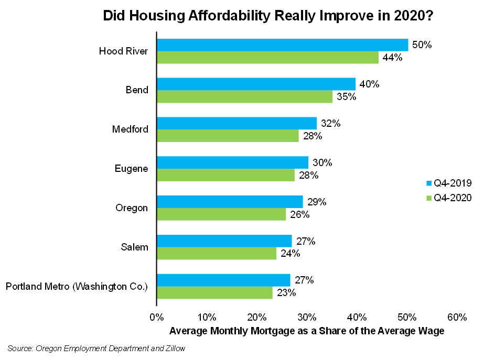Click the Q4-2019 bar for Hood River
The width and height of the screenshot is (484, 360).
(282, 45)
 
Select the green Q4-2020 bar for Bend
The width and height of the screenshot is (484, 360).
(245, 97)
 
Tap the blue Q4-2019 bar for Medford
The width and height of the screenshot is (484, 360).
(236, 123)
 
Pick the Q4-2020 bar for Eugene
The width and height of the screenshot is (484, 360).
(225, 175)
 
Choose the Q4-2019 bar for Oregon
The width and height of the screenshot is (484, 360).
(230, 202)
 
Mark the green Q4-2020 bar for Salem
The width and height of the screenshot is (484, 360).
(217, 254)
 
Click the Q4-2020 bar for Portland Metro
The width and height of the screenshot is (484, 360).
(214, 293)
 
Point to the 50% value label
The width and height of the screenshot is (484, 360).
(422, 45)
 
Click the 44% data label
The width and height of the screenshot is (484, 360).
(392, 58)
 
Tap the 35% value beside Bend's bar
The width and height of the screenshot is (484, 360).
(346, 97)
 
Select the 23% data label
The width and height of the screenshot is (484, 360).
(286, 293)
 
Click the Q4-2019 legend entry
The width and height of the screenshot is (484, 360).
(449, 183)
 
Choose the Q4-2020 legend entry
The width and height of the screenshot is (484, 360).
(449, 198)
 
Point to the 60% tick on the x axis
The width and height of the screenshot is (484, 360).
(457, 318)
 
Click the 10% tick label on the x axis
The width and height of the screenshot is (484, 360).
(207, 318)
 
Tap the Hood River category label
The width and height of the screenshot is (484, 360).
(124, 51)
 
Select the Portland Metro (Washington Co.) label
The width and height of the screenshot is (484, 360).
(77, 287)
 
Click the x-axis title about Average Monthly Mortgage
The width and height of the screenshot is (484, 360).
(307, 331)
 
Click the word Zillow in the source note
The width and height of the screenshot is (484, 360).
(175, 348)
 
